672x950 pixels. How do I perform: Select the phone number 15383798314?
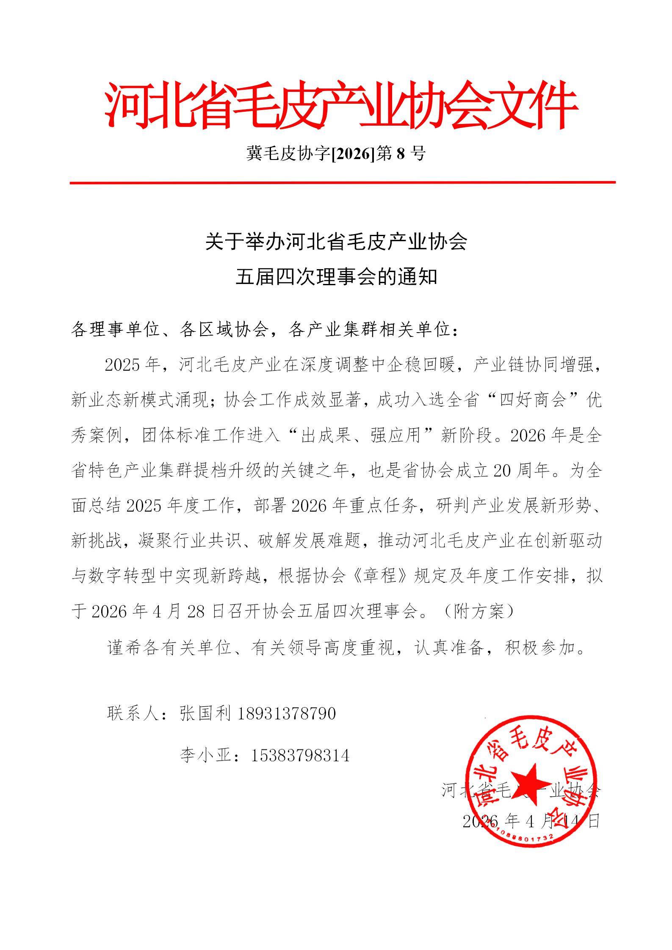tap(300, 755)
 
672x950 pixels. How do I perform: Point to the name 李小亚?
tap(205, 755)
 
